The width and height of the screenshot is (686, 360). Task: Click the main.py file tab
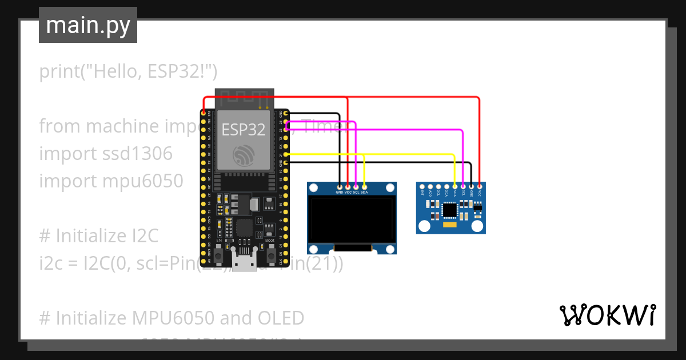tap(87, 25)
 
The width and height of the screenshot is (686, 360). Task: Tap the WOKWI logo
tap(607, 315)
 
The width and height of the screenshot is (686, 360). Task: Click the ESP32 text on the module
tap(244, 130)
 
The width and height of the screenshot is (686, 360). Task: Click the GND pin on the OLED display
tap(340, 186)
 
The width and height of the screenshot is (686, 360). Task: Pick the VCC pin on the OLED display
tap(348, 186)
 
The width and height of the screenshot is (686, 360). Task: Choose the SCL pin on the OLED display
tap(356, 186)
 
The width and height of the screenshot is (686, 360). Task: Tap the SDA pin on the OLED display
tap(364, 186)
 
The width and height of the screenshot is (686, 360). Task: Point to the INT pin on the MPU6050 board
tap(422, 186)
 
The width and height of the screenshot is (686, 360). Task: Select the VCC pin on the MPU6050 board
tap(480, 186)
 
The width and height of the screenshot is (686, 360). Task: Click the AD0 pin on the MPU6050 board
tap(430, 186)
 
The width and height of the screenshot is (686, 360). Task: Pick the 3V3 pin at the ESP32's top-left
tap(204, 114)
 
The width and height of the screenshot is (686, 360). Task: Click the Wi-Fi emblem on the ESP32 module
tap(244, 154)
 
